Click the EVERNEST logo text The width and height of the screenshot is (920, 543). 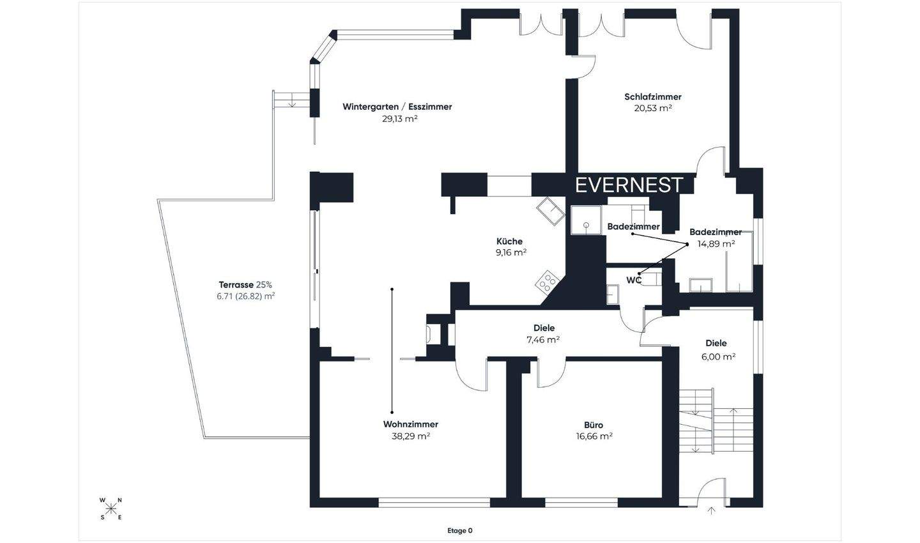pos(629,185)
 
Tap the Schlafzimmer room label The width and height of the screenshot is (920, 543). pos(653,97)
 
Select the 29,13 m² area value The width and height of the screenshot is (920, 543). pos(400,119)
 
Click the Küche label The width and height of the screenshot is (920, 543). pos(509,241)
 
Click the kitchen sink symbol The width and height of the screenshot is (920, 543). pos(550,211)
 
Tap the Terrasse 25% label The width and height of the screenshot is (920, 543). pos(245,285)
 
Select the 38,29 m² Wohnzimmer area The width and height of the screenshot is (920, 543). pos(411,436)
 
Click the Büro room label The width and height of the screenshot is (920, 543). pos(594,425)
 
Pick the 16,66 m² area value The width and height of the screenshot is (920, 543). pos(594,436)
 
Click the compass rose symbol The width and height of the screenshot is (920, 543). pos(111,509)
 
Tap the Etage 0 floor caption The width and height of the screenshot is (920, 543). pos(459,531)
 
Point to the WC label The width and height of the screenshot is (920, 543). pos(634,280)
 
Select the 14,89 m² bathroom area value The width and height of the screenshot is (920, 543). pos(716,243)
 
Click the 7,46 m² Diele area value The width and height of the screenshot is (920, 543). pos(543,340)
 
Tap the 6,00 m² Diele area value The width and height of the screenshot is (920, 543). pos(718,356)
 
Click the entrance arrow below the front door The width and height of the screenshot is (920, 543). pos(712,510)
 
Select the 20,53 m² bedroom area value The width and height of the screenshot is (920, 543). pos(653,108)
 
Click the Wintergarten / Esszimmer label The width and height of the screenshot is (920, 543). pos(397,107)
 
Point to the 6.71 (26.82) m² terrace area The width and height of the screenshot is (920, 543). pos(245,296)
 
